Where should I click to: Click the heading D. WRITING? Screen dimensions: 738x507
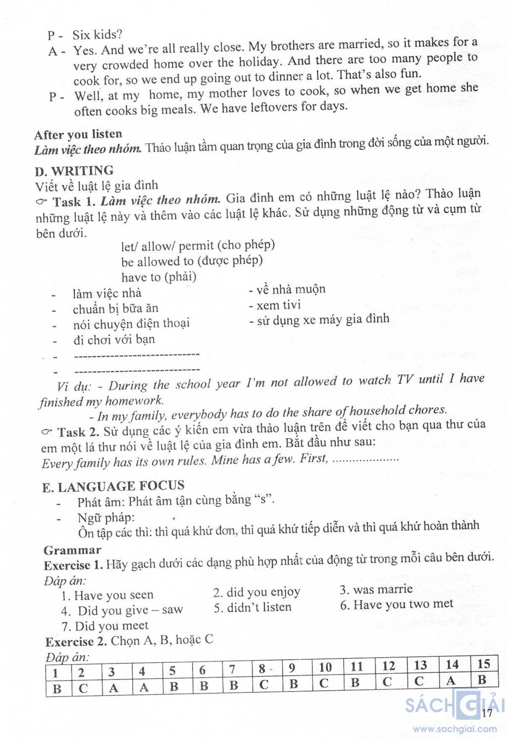tap(74, 171)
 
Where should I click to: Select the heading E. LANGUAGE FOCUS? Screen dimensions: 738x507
tap(113, 487)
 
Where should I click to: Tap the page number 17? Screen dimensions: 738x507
tap(487, 713)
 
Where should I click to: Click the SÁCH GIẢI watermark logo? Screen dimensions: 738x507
tap(453, 704)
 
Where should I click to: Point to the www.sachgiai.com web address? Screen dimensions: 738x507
tap(455, 729)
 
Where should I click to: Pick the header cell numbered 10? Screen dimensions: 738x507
tap(325, 668)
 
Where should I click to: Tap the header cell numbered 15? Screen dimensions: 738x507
tap(483, 664)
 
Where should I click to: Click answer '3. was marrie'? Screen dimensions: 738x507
tap(376, 590)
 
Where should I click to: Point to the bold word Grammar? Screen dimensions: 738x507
tap(72, 550)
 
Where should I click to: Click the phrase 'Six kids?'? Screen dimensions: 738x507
tap(97, 35)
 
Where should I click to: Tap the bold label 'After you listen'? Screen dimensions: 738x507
tap(78, 134)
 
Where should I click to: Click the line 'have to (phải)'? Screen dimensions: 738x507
tap(158, 277)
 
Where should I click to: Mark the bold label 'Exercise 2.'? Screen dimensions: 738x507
tap(76, 642)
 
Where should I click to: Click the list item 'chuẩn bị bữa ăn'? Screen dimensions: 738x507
tap(115, 309)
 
